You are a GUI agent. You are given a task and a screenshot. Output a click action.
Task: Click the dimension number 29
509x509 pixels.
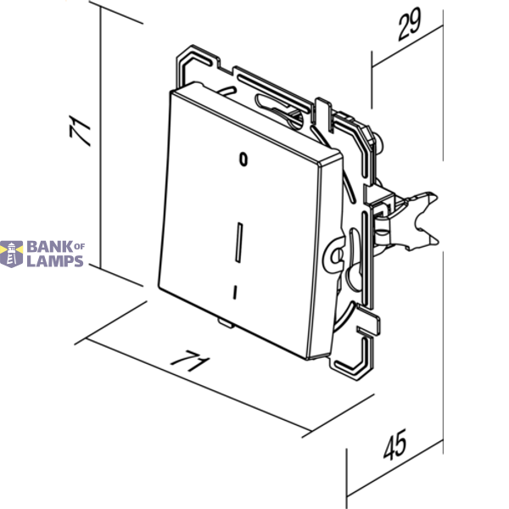(410, 25)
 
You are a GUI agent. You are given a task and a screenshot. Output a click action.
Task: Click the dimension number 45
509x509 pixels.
(394, 445)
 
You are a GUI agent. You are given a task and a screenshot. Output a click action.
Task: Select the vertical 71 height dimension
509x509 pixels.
(80, 131)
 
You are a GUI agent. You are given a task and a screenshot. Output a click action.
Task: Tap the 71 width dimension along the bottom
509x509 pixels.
(190, 361)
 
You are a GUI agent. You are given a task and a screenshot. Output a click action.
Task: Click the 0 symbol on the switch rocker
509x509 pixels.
(243, 159)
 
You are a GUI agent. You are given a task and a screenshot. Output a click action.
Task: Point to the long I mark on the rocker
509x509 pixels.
(238, 243)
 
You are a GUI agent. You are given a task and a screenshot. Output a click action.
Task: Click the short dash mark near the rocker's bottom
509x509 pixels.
(235, 292)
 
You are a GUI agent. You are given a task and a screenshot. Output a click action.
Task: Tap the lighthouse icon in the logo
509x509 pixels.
(11, 254)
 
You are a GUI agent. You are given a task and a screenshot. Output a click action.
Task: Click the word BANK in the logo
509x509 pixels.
(50, 247)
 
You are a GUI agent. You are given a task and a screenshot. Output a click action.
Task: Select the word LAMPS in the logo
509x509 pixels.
(55, 261)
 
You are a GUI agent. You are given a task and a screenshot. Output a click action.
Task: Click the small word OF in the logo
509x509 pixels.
(80, 246)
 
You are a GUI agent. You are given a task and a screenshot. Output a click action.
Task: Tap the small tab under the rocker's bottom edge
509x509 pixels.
(226, 322)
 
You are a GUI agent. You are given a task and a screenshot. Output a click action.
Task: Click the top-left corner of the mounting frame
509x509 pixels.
(193, 46)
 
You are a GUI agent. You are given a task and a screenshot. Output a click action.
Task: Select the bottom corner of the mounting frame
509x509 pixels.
(357, 379)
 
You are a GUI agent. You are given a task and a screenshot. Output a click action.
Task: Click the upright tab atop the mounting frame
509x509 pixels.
(322, 114)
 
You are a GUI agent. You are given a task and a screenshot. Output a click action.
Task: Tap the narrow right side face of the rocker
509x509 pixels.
(325, 260)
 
